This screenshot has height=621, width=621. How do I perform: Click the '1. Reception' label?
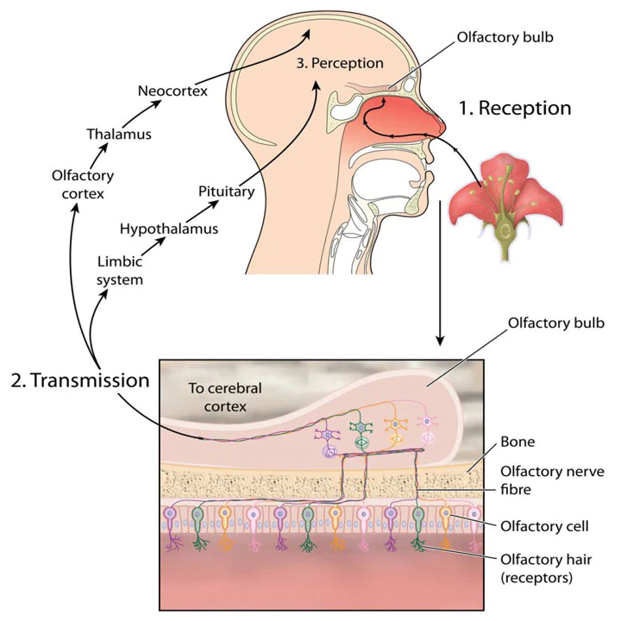click(x=514, y=109)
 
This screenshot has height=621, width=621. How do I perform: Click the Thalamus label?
click(x=119, y=134)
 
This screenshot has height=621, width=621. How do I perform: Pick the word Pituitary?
click(x=226, y=191)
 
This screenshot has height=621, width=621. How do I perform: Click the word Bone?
click(x=519, y=442)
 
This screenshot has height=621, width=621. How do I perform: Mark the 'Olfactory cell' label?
click(x=544, y=525)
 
